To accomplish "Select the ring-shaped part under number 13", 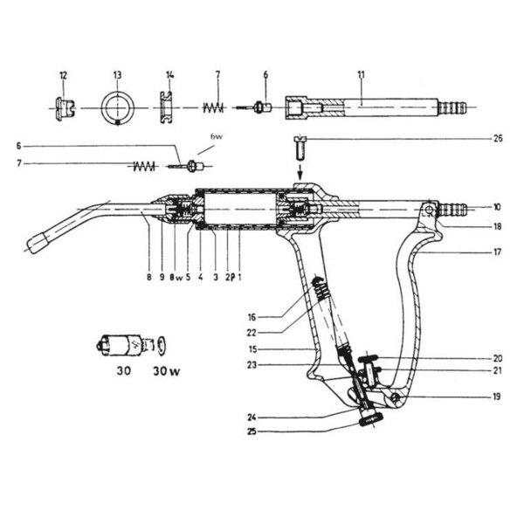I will (x=117, y=110).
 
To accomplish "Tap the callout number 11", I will (x=361, y=74).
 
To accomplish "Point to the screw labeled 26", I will (x=298, y=145).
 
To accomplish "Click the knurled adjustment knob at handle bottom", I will (x=370, y=421).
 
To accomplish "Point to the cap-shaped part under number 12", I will (x=63, y=108).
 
